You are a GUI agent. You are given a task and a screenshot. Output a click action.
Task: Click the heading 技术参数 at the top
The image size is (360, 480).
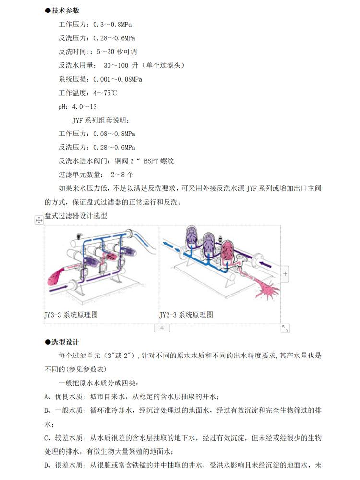point(65,10)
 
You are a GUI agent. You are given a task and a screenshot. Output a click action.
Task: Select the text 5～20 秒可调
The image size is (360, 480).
point(117,51)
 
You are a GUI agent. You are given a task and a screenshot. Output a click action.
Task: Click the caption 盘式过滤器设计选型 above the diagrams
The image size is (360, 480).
point(76,216)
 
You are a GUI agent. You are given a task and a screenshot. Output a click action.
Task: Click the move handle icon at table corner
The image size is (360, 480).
point(39,220)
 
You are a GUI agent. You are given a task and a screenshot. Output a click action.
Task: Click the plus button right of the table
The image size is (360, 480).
point(285,274)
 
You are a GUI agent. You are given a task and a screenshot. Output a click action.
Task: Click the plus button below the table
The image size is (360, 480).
point(162,328)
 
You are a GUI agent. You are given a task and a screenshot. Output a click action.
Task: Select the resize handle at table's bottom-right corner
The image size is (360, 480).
point(285,328)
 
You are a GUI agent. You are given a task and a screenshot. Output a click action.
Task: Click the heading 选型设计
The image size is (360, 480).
point(65,342)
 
